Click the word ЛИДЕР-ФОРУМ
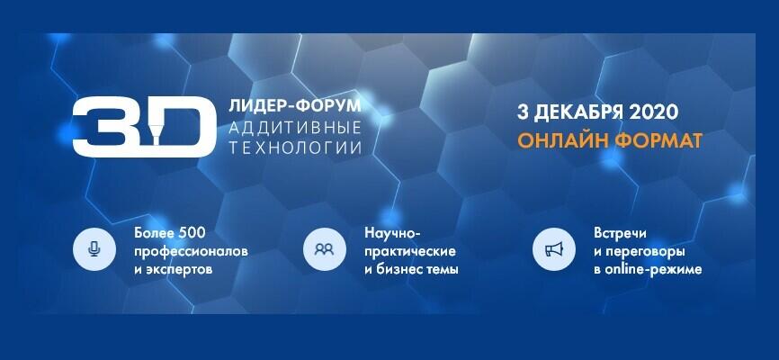pyautogui.click(x=288, y=106)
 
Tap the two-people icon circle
pyautogui.click(x=325, y=249)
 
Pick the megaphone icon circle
pyautogui.click(x=554, y=249)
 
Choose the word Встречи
pyautogui.click(x=620, y=233)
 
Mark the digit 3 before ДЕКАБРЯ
pyautogui.click(x=521, y=113)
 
